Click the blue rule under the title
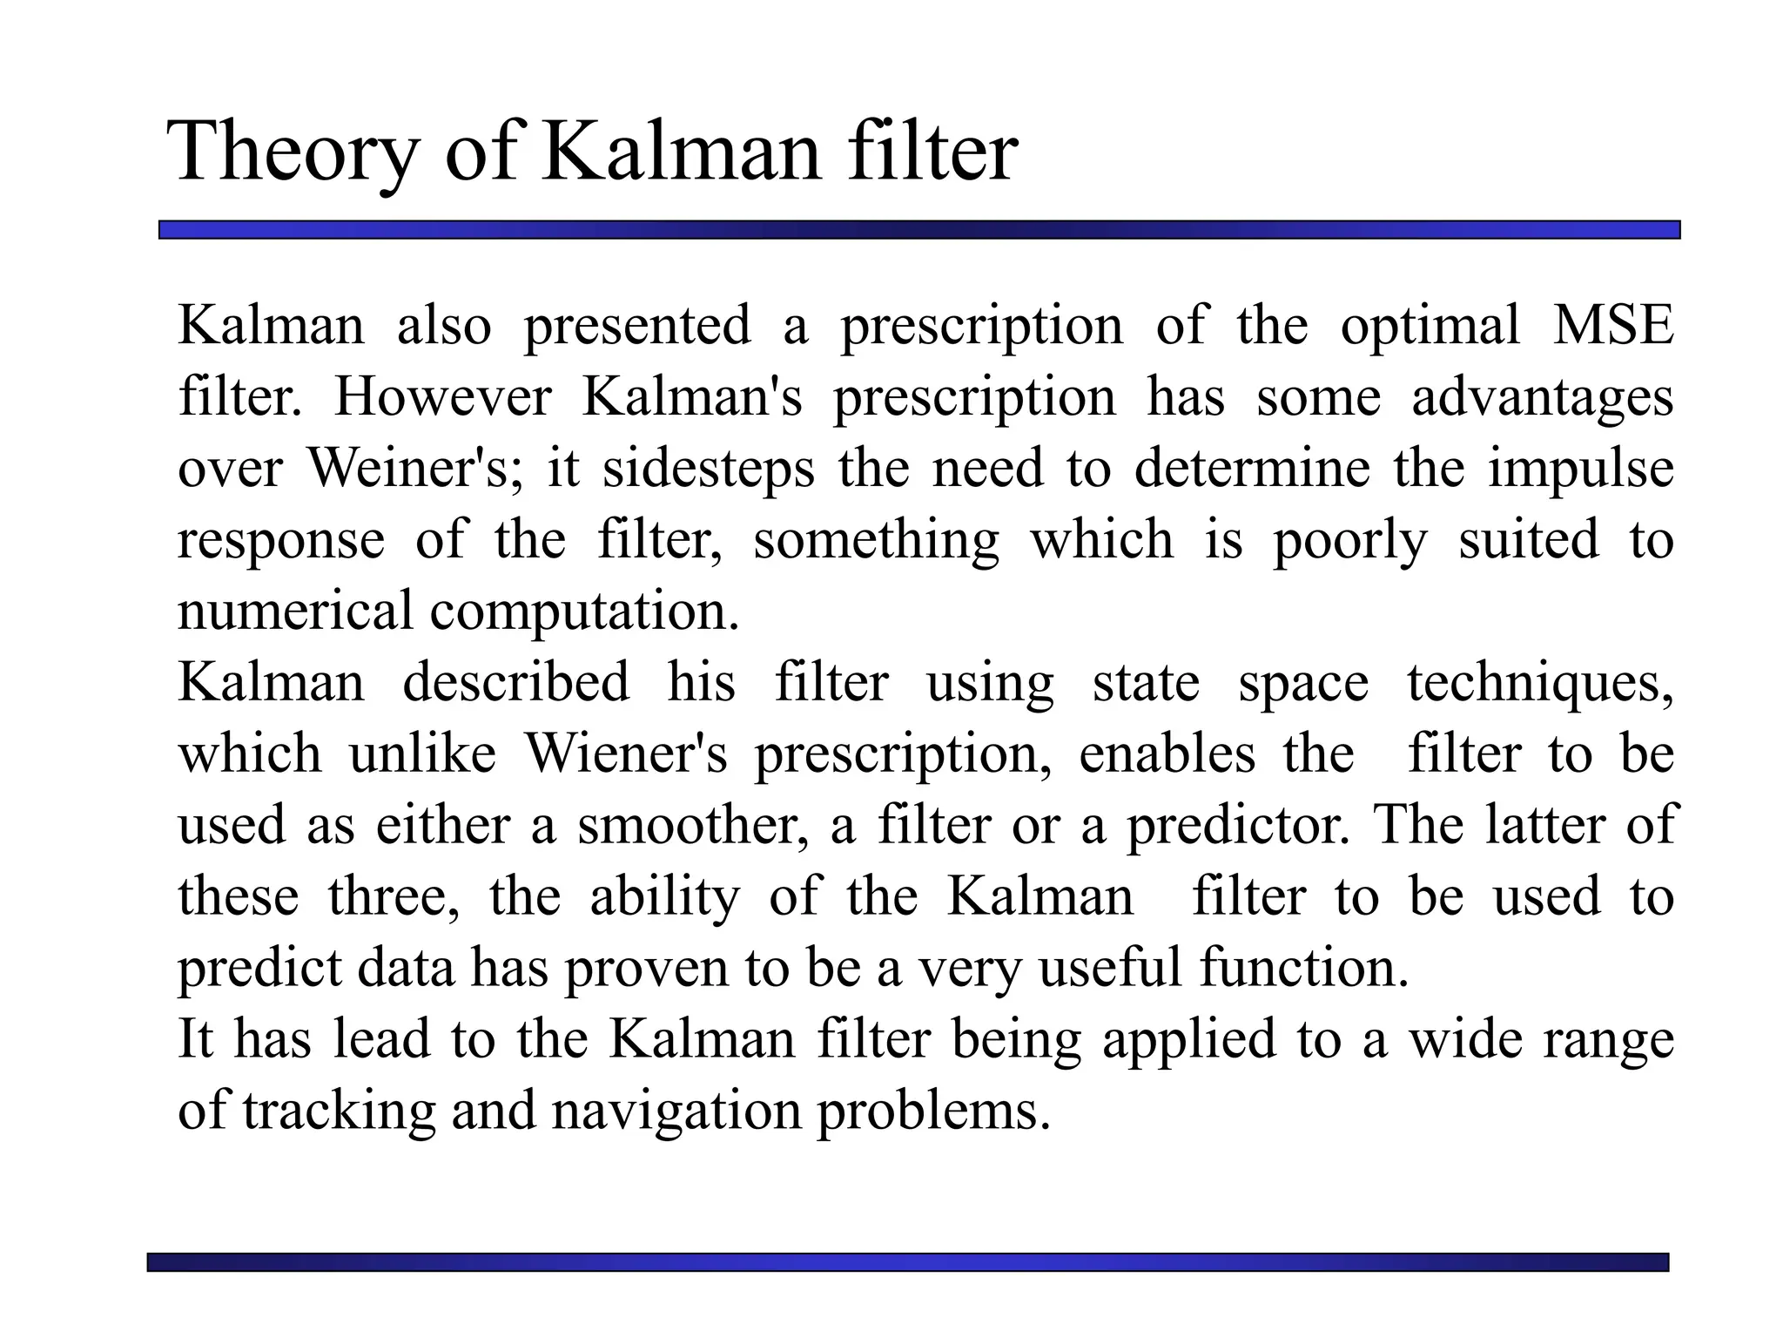918,230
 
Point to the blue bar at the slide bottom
907,1262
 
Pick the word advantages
1542,399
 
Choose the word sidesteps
709,470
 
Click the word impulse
1580,470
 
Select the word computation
584,612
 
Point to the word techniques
1540,684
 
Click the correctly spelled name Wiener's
626,753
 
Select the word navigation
676,1112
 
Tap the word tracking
339,1112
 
